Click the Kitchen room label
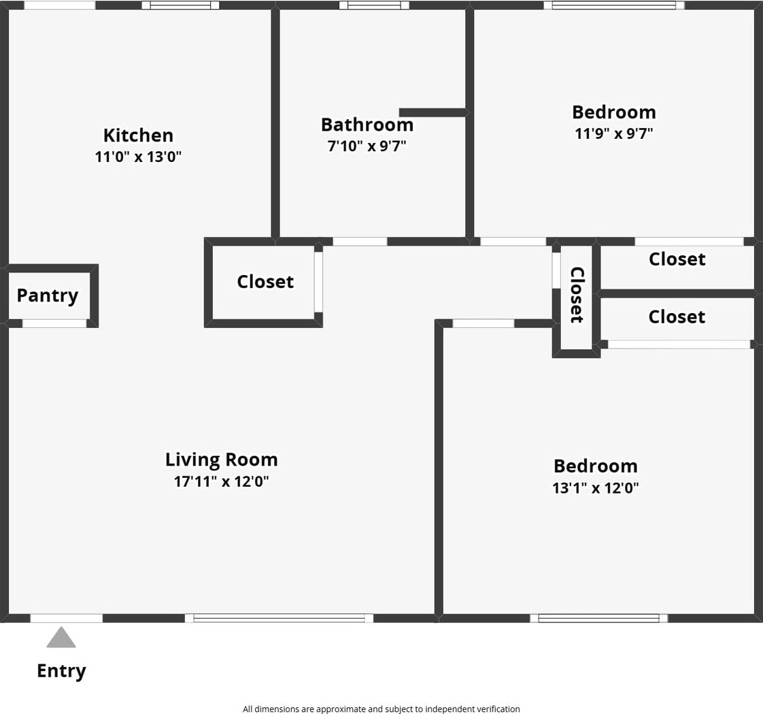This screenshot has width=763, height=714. [x=138, y=135]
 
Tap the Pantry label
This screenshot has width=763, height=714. [x=48, y=295]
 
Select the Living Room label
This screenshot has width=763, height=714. [x=222, y=459]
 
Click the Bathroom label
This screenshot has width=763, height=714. [x=367, y=125]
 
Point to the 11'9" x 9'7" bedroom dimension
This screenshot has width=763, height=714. [x=614, y=133]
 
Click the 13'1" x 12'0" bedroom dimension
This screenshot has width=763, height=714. [x=596, y=488]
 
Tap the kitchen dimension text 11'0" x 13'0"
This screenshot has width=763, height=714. [x=138, y=157]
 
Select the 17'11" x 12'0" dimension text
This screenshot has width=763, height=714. [x=222, y=482]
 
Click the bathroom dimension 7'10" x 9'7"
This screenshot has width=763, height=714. [x=367, y=146]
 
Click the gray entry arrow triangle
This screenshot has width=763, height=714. [x=61, y=638]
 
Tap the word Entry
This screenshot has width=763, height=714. [x=61, y=671]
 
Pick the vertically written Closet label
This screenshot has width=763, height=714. [x=577, y=295]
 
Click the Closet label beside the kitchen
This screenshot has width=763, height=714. [x=265, y=281]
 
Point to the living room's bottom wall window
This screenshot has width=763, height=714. [x=279, y=618]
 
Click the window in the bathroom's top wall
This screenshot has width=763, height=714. [x=374, y=5]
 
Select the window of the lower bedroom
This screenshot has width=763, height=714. [x=598, y=618]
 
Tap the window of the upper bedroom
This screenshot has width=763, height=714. [x=614, y=5]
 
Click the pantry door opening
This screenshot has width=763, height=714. [x=54, y=323]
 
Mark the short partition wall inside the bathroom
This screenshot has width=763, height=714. [x=433, y=112]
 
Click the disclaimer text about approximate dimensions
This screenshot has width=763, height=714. [x=381, y=709]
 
